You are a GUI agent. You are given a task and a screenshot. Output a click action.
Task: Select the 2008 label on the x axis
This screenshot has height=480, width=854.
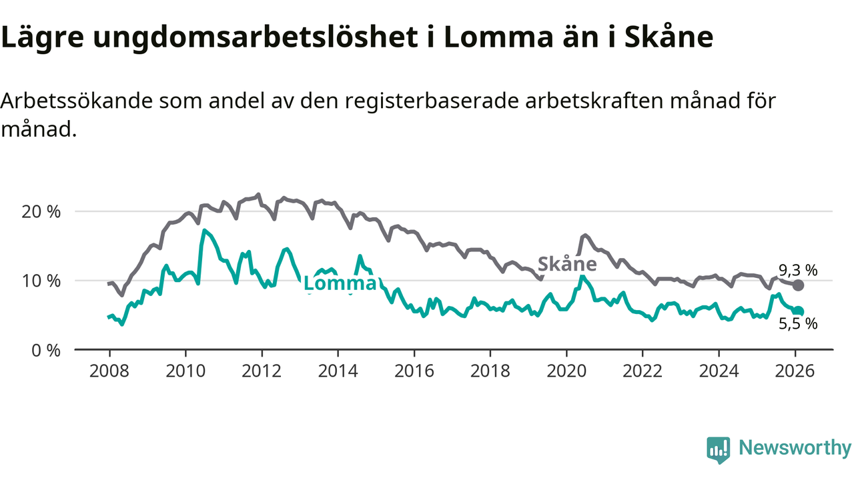(109, 371)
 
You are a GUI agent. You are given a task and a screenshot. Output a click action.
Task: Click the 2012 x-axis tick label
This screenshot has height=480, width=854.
(262, 371)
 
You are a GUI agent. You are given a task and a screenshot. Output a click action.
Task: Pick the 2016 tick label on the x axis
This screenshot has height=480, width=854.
(414, 371)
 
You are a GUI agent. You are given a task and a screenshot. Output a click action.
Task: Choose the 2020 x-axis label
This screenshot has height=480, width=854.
(566, 371)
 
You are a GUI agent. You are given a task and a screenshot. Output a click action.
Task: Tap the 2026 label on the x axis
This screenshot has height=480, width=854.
(795, 371)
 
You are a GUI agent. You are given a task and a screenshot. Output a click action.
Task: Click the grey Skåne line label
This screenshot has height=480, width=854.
(567, 263)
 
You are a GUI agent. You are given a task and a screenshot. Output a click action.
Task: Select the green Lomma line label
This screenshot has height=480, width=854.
(340, 284)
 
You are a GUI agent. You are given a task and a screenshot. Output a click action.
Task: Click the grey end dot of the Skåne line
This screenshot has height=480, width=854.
(798, 285)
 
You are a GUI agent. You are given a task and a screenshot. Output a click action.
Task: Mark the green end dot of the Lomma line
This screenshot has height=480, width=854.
(799, 311)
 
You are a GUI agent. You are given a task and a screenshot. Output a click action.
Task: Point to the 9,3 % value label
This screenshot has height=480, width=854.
(799, 270)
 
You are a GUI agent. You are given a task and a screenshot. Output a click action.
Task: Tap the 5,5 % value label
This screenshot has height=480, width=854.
(799, 325)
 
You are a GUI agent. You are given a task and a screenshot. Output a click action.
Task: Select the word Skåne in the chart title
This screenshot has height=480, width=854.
(669, 38)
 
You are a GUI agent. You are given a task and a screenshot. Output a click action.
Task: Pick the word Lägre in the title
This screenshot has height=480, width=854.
(43, 38)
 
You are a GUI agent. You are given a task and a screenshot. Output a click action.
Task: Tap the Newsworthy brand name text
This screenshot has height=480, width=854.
(794, 448)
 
